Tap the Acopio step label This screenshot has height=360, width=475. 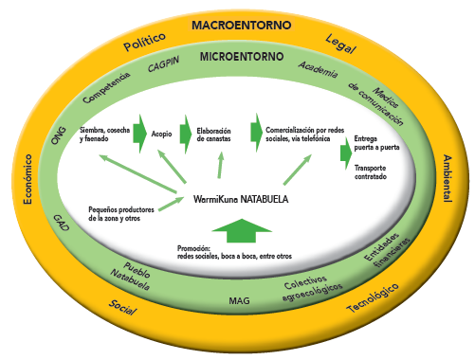pyautogui.click(x=161, y=135)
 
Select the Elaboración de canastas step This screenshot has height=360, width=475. pyautogui.click(x=214, y=135)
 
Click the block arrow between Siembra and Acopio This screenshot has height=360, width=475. pyautogui.click(x=139, y=130)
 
